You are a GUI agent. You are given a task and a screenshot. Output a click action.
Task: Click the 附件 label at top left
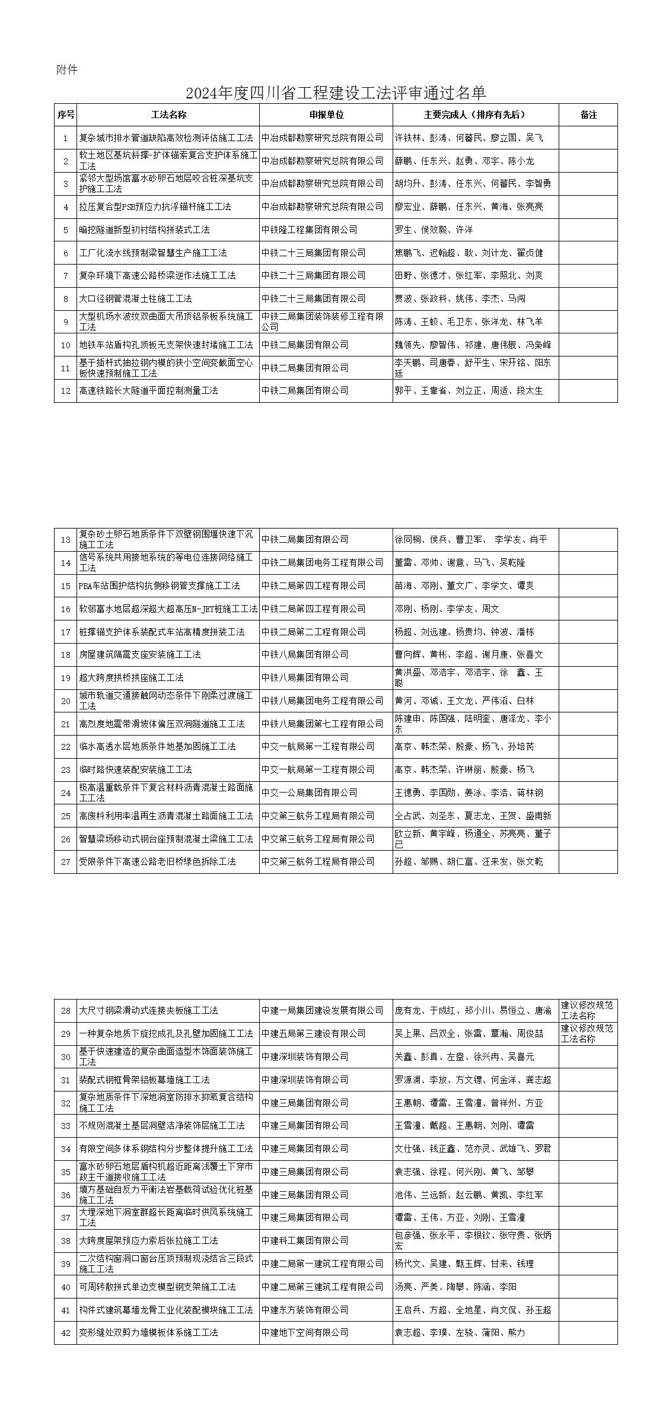click(x=67, y=70)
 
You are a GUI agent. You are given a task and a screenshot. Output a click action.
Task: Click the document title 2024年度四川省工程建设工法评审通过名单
click(x=336, y=93)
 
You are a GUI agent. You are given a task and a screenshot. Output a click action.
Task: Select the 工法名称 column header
click(x=168, y=115)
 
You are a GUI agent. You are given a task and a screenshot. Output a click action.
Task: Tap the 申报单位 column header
click(x=326, y=115)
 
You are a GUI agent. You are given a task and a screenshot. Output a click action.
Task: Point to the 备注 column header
click(x=588, y=115)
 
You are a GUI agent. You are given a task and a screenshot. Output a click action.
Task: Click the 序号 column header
click(x=66, y=115)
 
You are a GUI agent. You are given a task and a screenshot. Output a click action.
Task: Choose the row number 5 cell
click(x=66, y=230)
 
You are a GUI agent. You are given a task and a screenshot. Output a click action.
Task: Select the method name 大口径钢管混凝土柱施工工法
click(x=136, y=299)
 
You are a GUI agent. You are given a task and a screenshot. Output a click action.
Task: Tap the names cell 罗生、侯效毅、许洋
click(x=434, y=230)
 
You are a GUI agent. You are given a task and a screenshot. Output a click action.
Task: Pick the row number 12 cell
click(x=66, y=391)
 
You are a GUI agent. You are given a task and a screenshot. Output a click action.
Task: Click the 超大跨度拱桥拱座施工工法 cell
click(x=132, y=677)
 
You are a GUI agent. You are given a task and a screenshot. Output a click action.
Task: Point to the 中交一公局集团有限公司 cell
click(x=310, y=793)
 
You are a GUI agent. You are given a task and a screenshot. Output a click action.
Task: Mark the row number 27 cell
click(x=66, y=862)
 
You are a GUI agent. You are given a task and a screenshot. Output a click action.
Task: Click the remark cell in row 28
click(x=588, y=1010)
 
